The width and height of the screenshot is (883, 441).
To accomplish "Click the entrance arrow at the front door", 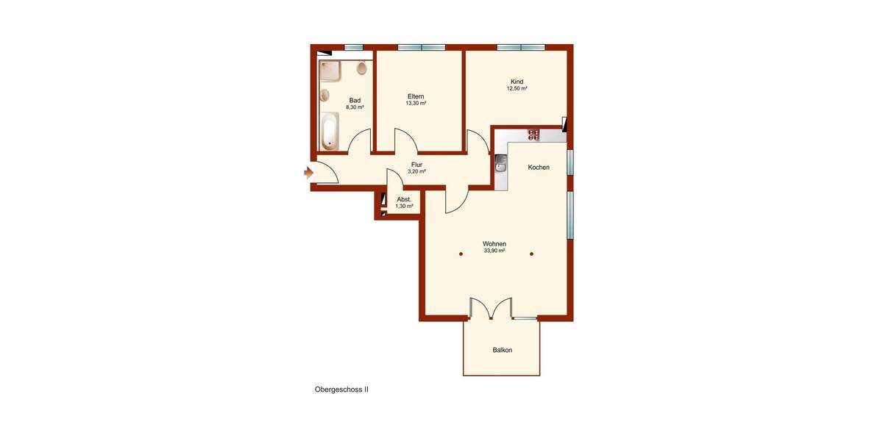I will [x=308, y=173].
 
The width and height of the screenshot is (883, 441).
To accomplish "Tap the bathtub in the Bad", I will [x=329, y=131].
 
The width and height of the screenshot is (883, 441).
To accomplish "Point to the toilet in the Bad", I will [x=361, y=69].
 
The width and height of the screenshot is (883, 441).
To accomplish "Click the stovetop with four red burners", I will [x=533, y=135].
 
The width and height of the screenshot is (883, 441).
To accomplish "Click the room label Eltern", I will [x=416, y=96].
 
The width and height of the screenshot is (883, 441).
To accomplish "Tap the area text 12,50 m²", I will [x=517, y=88].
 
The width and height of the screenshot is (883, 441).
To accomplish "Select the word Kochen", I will [x=539, y=168].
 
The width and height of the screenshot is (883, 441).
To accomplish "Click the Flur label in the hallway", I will [x=416, y=165].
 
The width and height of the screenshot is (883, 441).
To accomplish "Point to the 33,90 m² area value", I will [x=494, y=251].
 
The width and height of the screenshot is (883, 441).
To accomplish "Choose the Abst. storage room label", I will [x=404, y=199].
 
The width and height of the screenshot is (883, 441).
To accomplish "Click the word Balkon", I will [x=503, y=350].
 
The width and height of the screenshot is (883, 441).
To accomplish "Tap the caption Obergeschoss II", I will [x=341, y=390].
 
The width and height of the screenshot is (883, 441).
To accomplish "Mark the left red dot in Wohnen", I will [x=461, y=254].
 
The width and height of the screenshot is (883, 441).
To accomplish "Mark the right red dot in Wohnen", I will [x=531, y=254].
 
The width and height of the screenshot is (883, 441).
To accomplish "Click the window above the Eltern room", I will [x=422, y=48].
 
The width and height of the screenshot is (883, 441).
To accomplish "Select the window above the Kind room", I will [x=520, y=48].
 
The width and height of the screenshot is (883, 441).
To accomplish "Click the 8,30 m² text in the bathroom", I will [x=355, y=107].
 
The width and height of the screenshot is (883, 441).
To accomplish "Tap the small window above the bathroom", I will [x=353, y=48].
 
